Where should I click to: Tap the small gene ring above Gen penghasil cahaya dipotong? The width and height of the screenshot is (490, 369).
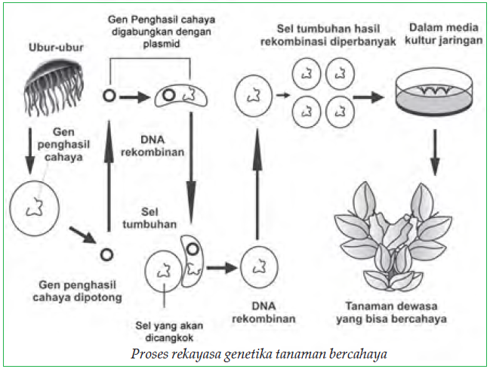[107, 254]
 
